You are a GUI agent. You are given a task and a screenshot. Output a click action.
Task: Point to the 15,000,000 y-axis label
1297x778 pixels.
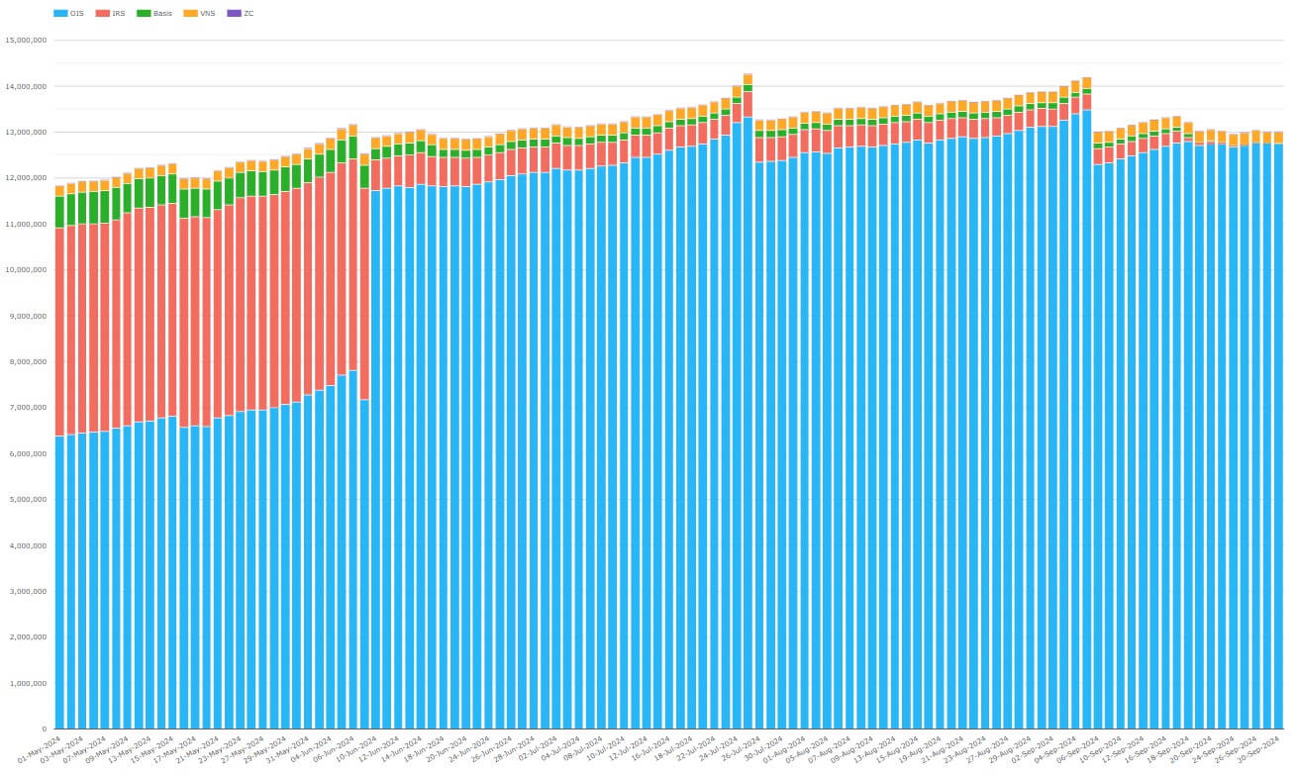pyautogui.click(x=26, y=41)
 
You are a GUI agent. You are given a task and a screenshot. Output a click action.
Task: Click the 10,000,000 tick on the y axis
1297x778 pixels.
pyautogui.click(x=26, y=270)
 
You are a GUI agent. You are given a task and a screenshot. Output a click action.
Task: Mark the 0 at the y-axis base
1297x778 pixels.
pyautogui.click(x=44, y=729)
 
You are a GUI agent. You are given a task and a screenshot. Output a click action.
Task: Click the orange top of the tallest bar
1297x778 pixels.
pyautogui.click(x=748, y=79)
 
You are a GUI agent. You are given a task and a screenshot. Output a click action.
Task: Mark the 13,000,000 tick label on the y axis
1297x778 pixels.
pyautogui.click(x=26, y=133)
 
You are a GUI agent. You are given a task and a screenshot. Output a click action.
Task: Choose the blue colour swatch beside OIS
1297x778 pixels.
pyautogui.click(x=60, y=13)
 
